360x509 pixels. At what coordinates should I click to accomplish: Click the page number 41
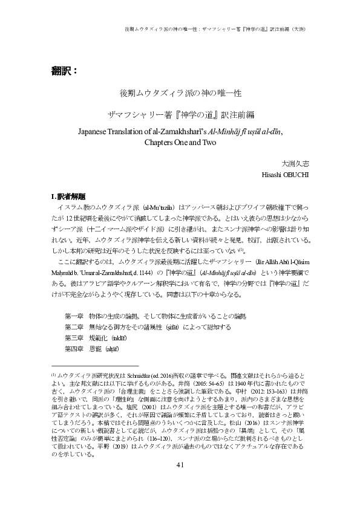coord(180,481)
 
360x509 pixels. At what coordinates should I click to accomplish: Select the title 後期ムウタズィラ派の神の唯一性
coord(180,94)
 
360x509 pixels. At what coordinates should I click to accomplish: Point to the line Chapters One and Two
coord(180,143)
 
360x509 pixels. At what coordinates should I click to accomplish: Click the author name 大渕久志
coord(295,163)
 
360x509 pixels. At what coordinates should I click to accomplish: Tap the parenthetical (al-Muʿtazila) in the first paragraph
coord(160,208)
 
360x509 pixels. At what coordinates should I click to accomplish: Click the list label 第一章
coord(74,299)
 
